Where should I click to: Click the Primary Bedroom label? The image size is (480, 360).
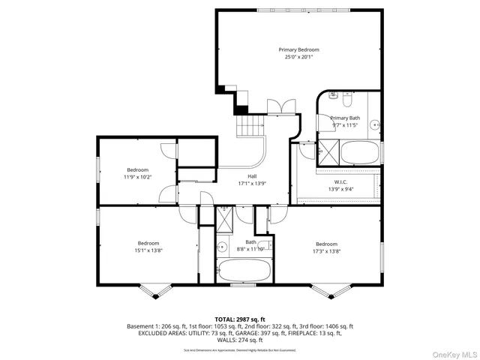pyautogui.click(x=298, y=49)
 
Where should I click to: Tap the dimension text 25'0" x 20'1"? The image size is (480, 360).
pyautogui.click(x=298, y=57)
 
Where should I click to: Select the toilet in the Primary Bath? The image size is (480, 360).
pyautogui.click(x=346, y=98)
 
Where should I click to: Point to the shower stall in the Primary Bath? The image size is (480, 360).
pyautogui.click(x=328, y=151)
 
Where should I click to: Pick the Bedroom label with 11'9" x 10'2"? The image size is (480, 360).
pyautogui.click(x=138, y=169)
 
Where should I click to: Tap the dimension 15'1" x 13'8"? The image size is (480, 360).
pyautogui.click(x=149, y=250)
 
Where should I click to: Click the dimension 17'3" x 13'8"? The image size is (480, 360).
pyautogui.click(x=326, y=252)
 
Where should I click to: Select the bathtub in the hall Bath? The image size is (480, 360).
pyautogui.click(x=246, y=270)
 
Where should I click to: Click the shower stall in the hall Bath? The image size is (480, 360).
pyautogui.click(x=225, y=219)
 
